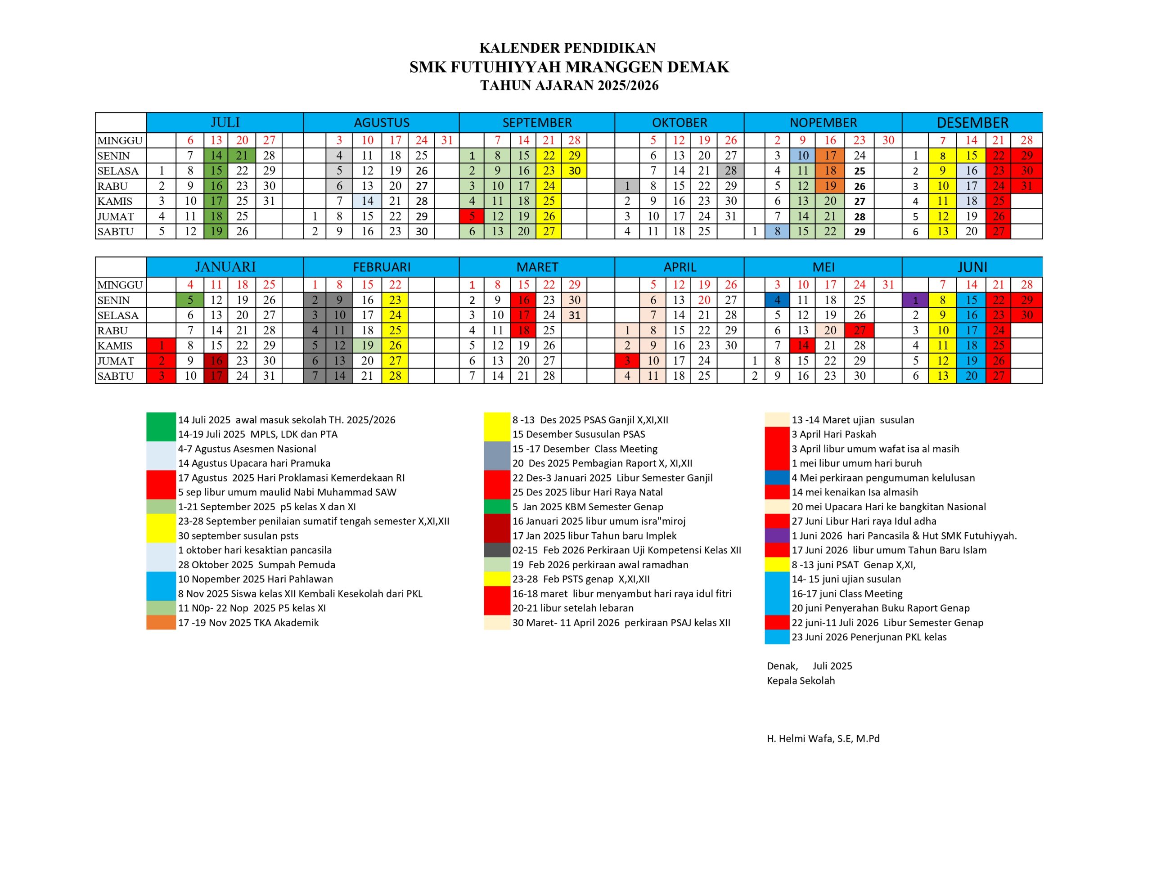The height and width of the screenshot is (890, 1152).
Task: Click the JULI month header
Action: click(225, 122)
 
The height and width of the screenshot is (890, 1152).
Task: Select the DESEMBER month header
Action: click(972, 122)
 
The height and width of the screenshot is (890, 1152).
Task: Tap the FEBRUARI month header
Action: click(381, 267)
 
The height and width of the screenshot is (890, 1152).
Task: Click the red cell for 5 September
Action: click(472, 216)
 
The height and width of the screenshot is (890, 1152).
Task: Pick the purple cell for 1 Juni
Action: click(915, 300)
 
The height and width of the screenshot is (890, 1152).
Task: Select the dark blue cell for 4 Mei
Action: click(777, 300)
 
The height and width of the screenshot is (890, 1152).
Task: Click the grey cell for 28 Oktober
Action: click(730, 171)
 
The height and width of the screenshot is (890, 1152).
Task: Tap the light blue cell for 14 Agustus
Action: click(367, 201)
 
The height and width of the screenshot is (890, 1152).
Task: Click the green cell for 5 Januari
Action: click(190, 300)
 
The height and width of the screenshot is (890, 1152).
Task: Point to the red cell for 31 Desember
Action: click(1026, 186)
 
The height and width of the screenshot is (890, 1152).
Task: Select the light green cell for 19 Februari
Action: click(367, 346)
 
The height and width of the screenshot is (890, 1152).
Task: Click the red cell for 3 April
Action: click(627, 361)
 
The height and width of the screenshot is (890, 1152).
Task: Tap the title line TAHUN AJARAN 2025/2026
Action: click(569, 85)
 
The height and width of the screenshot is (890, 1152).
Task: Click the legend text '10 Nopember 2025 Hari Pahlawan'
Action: click(255, 579)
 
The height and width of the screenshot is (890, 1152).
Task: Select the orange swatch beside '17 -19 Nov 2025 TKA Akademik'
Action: click(161, 623)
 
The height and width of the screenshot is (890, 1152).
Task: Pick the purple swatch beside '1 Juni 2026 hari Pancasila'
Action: click(777, 535)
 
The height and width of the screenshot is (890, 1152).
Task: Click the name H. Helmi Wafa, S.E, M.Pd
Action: click(823, 738)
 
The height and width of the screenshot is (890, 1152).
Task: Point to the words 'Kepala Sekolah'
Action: click(801, 681)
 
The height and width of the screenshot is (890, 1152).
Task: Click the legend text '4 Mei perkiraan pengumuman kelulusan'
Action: click(883, 478)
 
